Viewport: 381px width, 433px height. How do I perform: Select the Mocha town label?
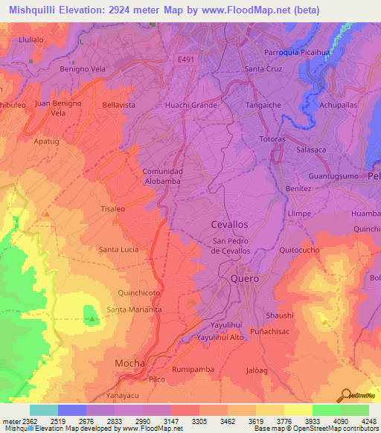(x=129, y=362)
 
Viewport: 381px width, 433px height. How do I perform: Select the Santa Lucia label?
(x=119, y=249)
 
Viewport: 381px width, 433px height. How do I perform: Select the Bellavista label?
(x=119, y=106)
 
